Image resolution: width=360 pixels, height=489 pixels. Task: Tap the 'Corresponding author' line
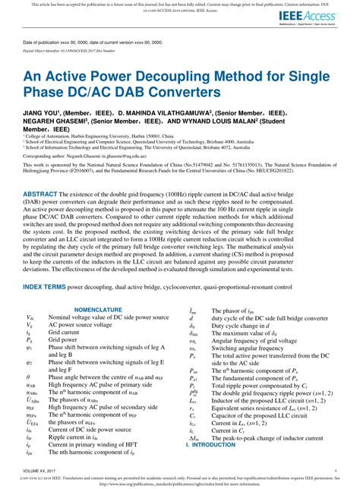pyautogui.click(x=98, y=173)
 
